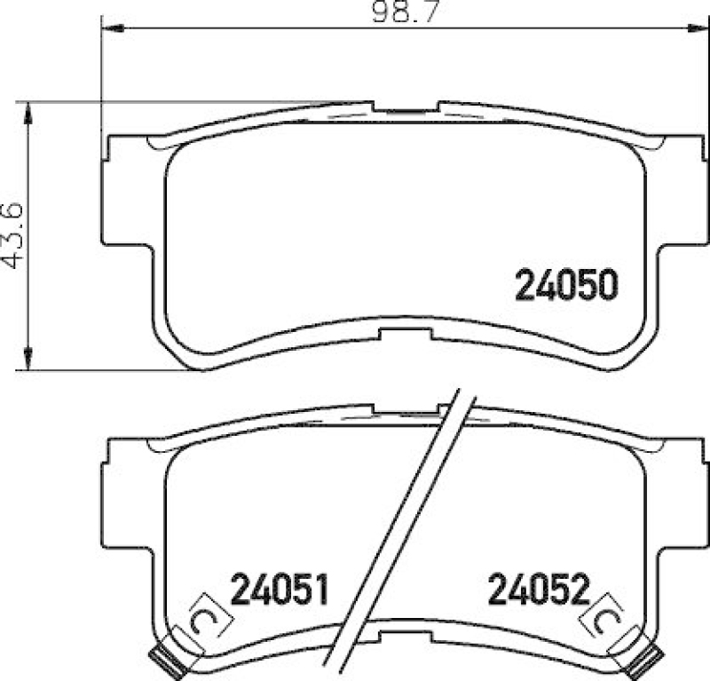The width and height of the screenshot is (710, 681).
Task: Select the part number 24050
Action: click(565, 285)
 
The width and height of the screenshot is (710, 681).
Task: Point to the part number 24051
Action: click(280, 589)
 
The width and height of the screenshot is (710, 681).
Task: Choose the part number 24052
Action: click(538, 589)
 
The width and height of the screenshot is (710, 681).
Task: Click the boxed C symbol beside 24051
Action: click(203, 615)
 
